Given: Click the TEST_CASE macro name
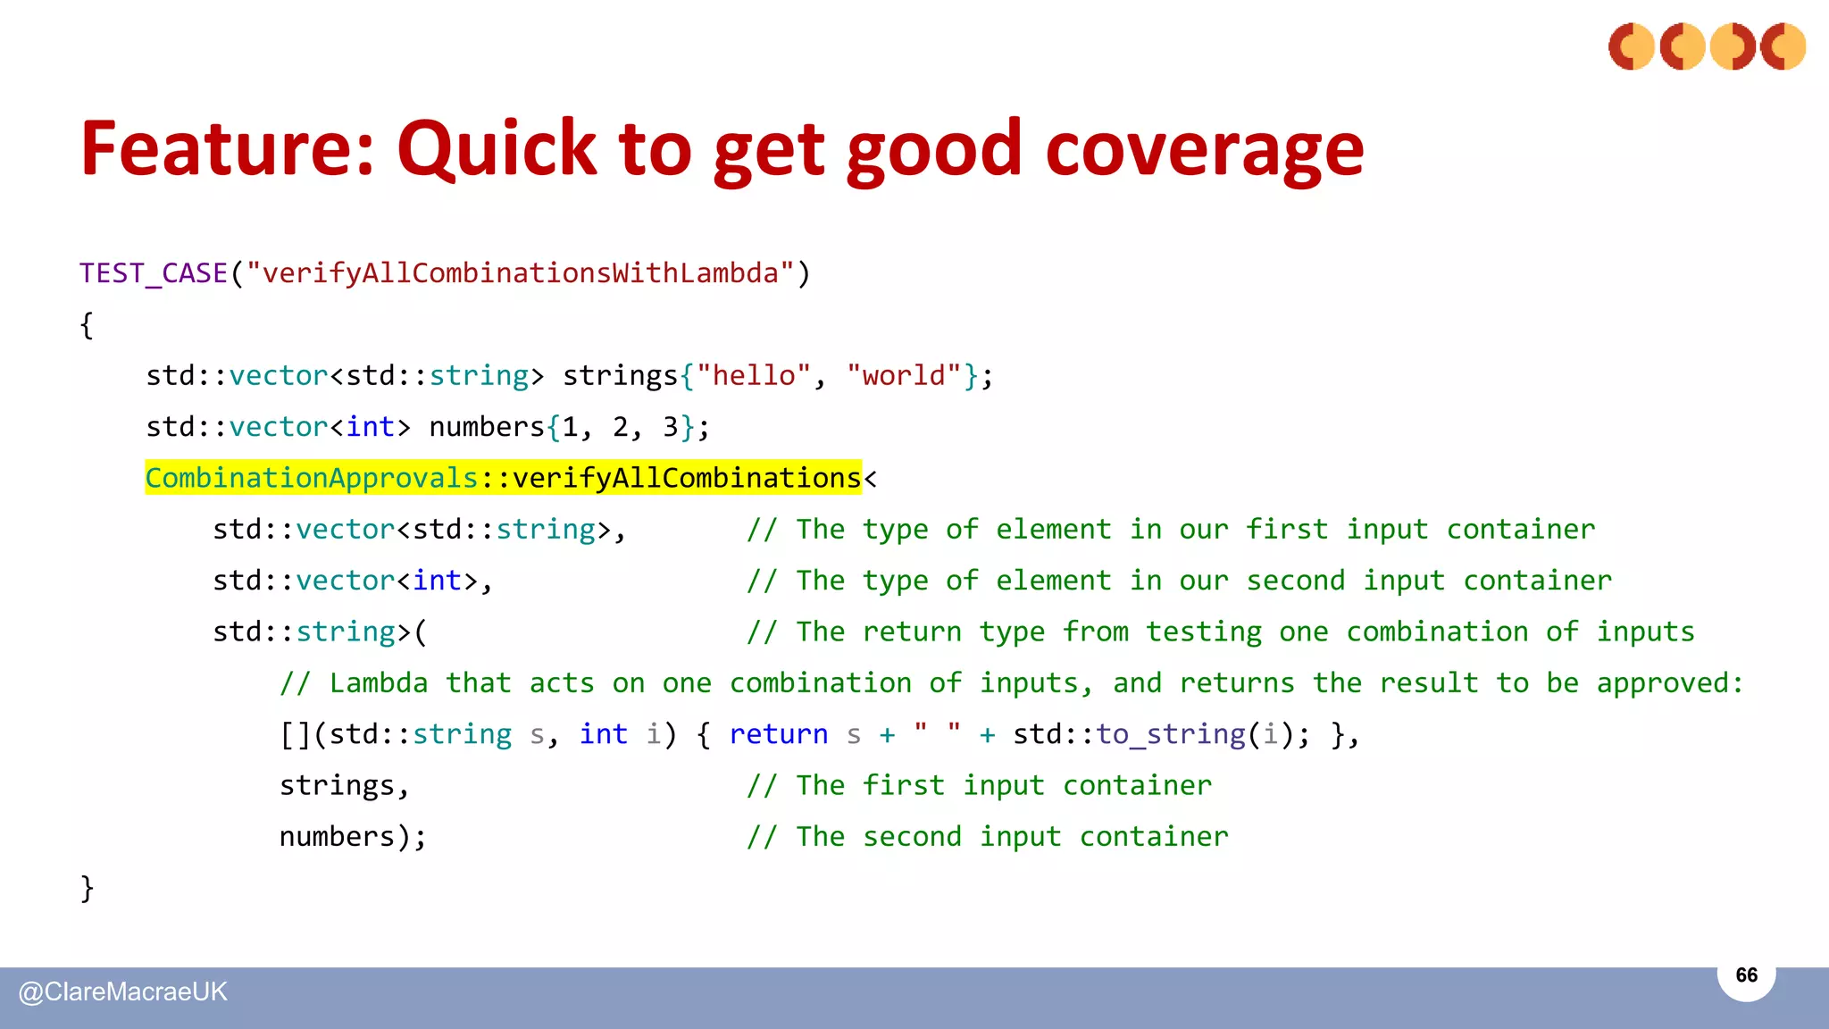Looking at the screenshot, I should [154, 273].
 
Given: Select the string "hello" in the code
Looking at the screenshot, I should [754, 376].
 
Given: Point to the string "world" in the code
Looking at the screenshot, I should [904, 376].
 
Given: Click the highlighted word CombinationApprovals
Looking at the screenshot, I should [312, 479].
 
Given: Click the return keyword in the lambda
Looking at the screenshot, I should [778, 734].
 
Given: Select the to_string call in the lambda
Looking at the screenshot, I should [1170, 734].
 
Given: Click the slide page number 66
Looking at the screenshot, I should [1746, 975].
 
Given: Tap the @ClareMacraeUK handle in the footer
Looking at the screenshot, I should [123, 992].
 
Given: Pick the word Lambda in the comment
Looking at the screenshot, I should [379, 683].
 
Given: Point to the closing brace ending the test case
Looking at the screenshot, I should [87, 888].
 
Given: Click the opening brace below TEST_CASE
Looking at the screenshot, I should [87, 325].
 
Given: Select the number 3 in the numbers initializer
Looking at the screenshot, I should [671, 427].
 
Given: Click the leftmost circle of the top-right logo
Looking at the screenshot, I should [1632, 46].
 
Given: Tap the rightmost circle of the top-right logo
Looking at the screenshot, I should [1783, 46].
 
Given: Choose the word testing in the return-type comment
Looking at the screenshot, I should [1204, 632].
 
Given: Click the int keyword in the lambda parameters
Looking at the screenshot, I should [604, 734].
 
